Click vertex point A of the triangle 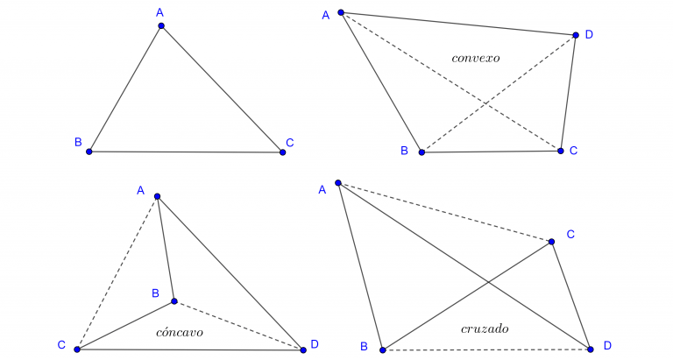pyautogui.click(x=161, y=25)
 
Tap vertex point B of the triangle pyautogui.click(x=89, y=152)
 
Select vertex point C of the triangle pyautogui.click(x=282, y=152)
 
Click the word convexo pyautogui.click(x=475, y=59)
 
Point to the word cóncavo pyautogui.click(x=179, y=332)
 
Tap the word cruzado pyautogui.click(x=485, y=328)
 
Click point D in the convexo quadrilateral pyautogui.click(x=576, y=36)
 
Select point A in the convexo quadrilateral pyautogui.click(x=341, y=13)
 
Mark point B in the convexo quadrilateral pyautogui.click(x=422, y=152)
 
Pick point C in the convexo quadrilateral pyautogui.click(x=561, y=151)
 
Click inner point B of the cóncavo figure pyautogui.click(x=174, y=301)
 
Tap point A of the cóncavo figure pyautogui.click(x=157, y=196)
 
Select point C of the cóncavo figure pyautogui.click(x=77, y=349)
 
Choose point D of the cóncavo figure pyautogui.click(x=303, y=349)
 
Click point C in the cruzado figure pyautogui.click(x=552, y=242)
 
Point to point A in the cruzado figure pyautogui.click(x=337, y=183)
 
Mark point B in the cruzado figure pyautogui.click(x=382, y=349)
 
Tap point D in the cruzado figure pyautogui.click(x=591, y=349)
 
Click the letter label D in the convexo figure pyautogui.click(x=589, y=34)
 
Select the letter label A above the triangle pyautogui.click(x=159, y=12)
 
